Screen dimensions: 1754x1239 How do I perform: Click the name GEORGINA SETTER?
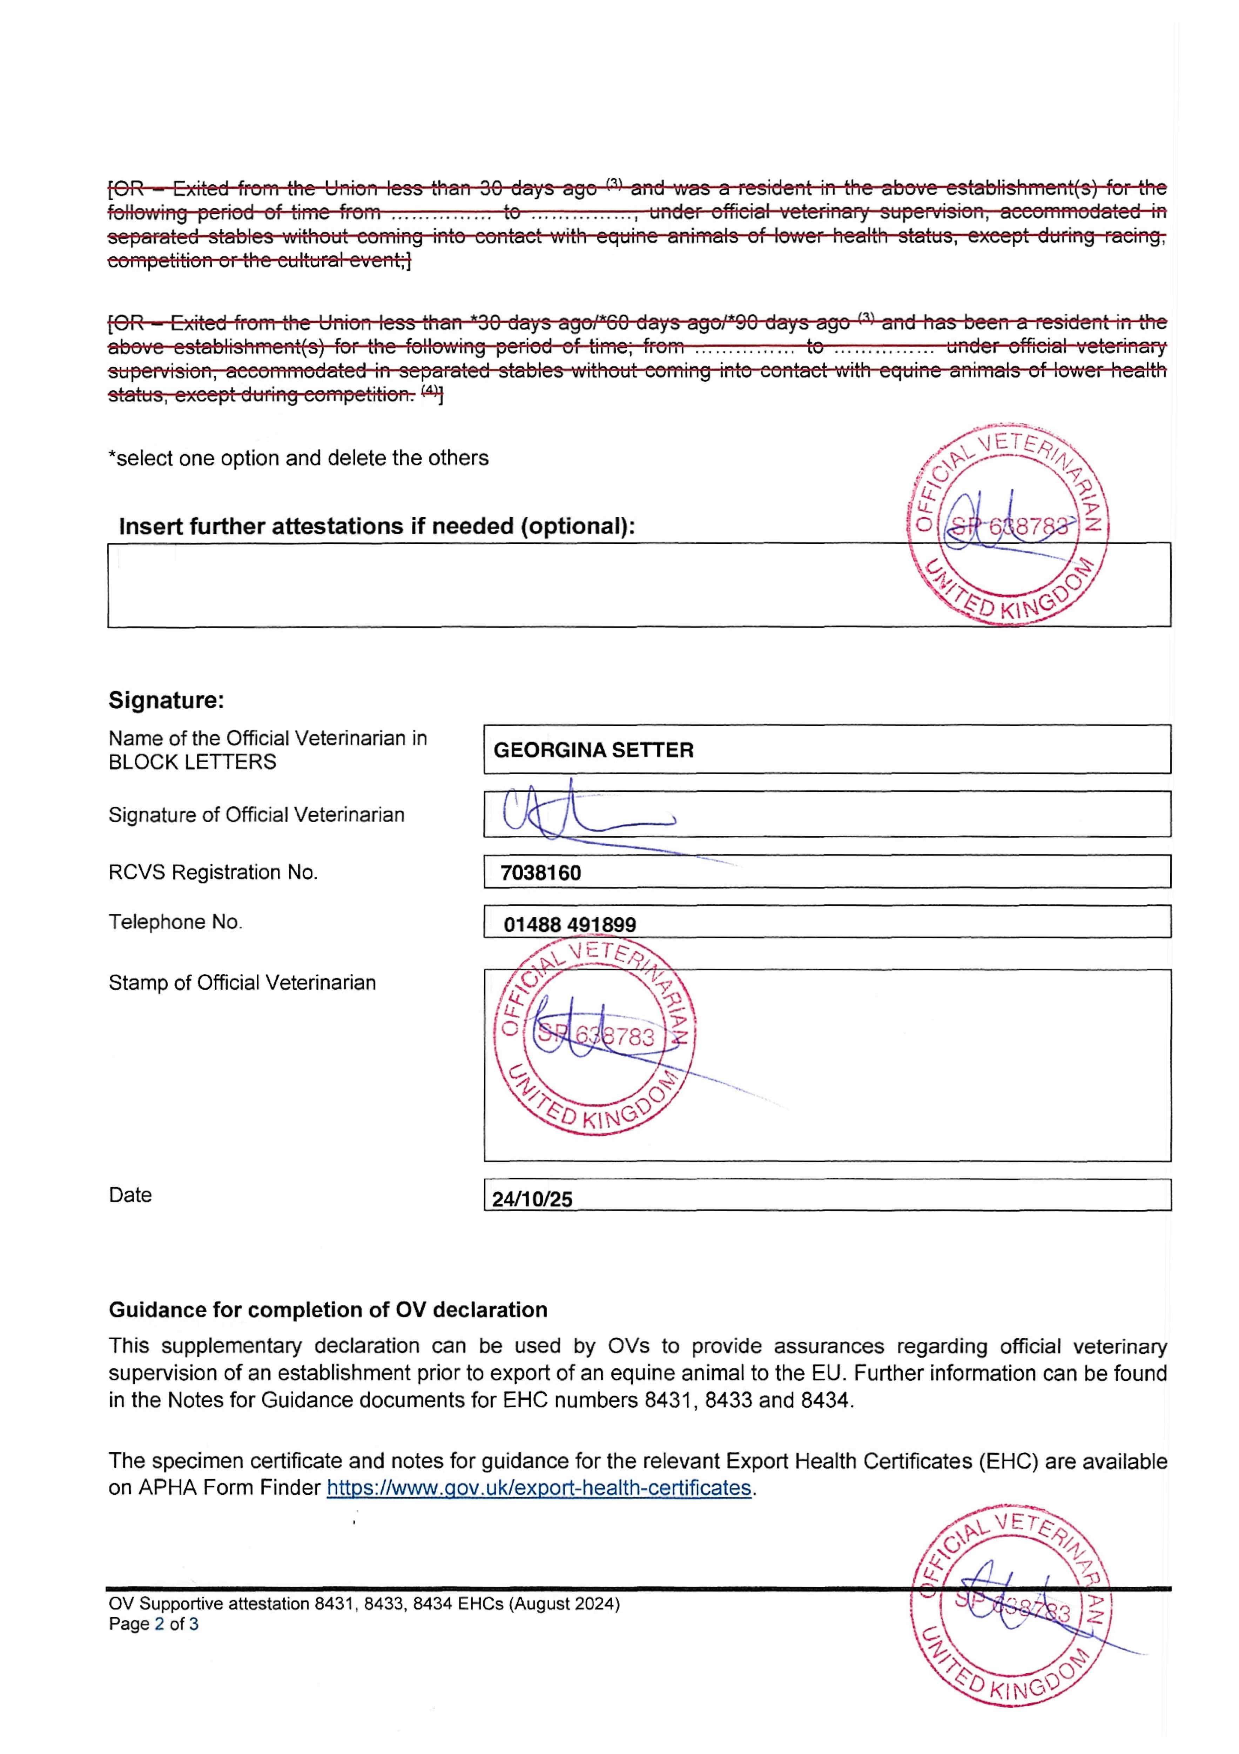point(593,750)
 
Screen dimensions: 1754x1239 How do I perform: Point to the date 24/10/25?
point(532,1199)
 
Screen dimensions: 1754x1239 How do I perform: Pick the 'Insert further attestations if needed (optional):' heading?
point(377,526)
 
